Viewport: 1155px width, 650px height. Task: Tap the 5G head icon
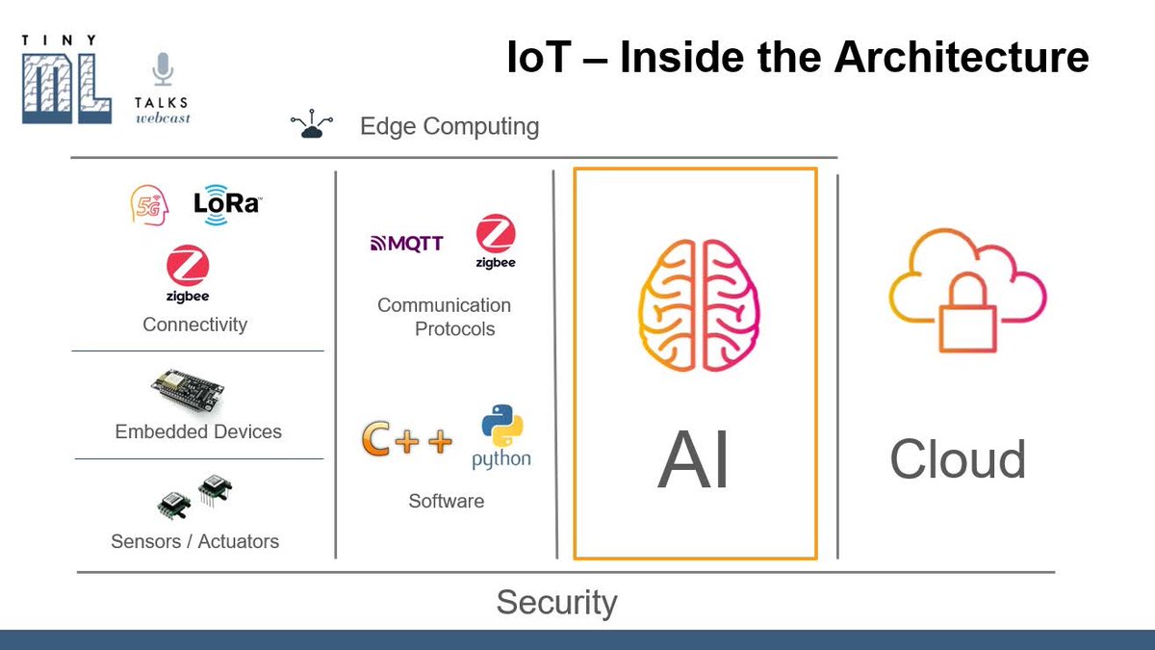[x=149, y=204]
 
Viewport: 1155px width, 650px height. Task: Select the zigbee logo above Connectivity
[x=188, y=273]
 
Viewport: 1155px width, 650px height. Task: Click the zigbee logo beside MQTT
[x=496, y=242]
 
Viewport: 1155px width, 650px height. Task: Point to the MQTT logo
[x=406, y=243]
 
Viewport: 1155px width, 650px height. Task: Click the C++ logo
[x=406, y=440]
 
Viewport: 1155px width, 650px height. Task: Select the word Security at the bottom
[x=556, y=603]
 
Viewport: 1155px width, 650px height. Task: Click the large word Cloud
[x=958, y=459]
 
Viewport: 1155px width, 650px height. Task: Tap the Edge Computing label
[x=449, y=126]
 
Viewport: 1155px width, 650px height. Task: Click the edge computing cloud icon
[x=311, y=126]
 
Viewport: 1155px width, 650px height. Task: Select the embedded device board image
[x=188, y=391]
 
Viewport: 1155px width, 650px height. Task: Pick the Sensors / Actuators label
[x=195, y=541]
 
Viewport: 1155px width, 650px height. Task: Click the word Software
[x=446, y=501]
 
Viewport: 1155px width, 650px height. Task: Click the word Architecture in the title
[x=962, y=58]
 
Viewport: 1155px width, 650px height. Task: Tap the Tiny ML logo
[x=60, y=81]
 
